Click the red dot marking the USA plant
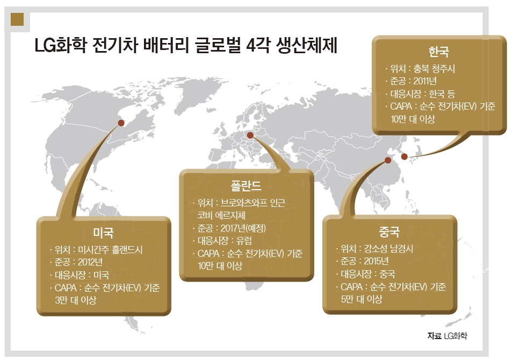click(121, 123)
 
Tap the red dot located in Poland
click(250, 135)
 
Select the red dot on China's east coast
click(388, 160)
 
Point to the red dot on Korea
click(404, 156)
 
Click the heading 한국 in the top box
click(439, 52)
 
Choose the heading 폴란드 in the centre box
click(246, 186)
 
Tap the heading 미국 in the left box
click(103, 233)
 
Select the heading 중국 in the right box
click(389, 232)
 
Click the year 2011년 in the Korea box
click(425, 81)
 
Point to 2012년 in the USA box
click(90, 262)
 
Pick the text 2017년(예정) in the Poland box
click(243, 228)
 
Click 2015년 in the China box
click(376, 261)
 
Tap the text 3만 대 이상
click(76, 300)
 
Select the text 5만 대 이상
click(362, 299)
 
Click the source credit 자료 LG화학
click(447, 336)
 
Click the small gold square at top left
click(17, 19)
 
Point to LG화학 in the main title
click(61, 45)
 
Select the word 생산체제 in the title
click(307, 45)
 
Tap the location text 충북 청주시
click(434, 69)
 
